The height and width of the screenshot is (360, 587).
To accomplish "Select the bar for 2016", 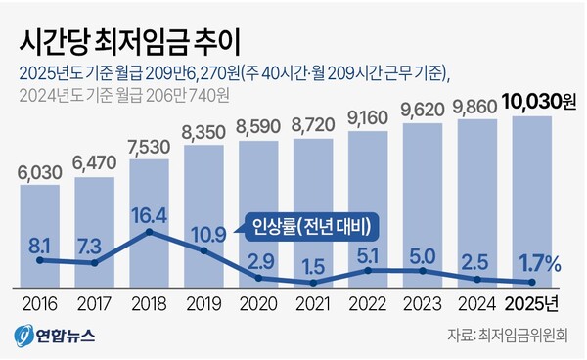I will pos(40,235).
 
